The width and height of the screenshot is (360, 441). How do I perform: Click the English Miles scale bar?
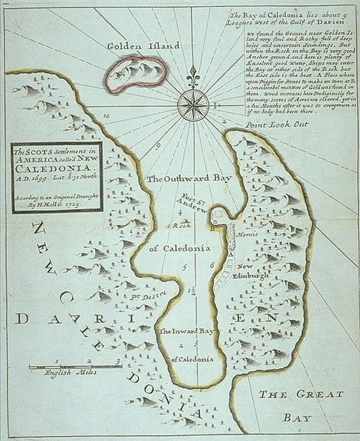coord(75,366)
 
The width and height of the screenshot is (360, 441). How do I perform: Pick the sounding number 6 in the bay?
coord(212,265)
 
